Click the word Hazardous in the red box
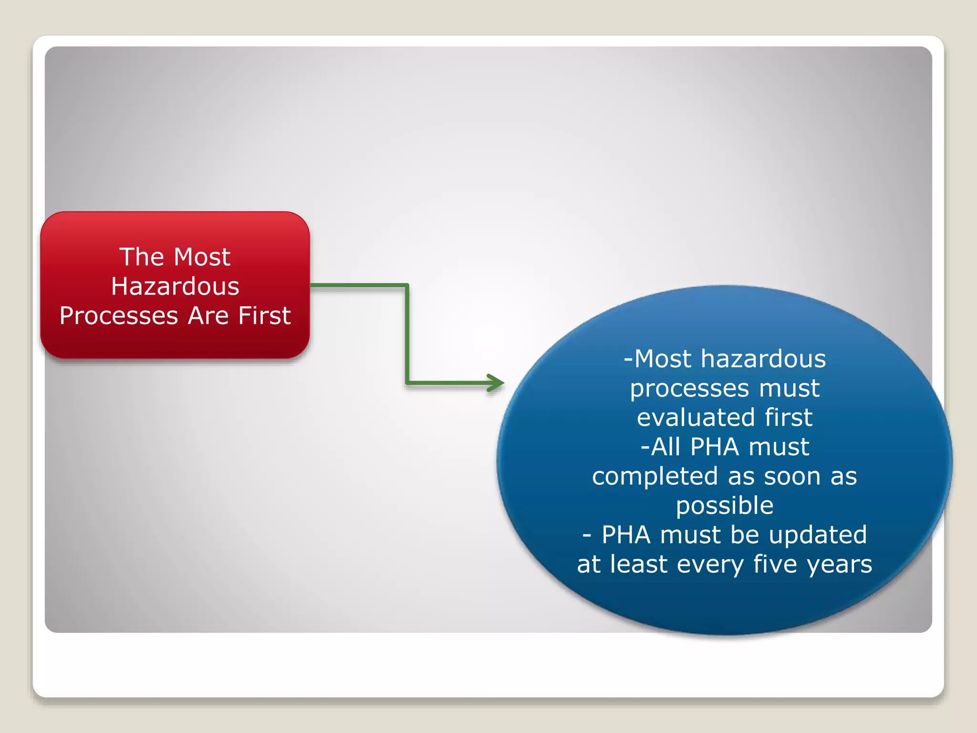pyautogui.click(x=175, y=286)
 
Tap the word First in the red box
pyautogui.click(x=264, y=315)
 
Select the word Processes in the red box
pyautogui.click(x=119, y=316)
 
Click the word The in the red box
pyautogui.click(x=142, y=257)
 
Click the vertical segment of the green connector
pyautogui.click(x=407, y=334)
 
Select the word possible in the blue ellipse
pyautogui.click(x=724, y=506)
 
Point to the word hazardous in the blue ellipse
pyautogui.click(x=763, y=358)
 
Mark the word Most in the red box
pyautogui.click(x=202, y=257)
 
